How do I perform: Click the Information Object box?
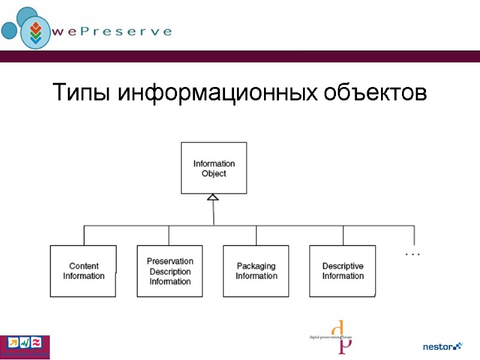[x=214, y=168]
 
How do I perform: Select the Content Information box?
[x=83, y=271]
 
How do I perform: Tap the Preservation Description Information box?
[x=170, y=271]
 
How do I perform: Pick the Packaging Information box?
[x=256, y=271]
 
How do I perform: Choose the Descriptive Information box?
[x=343, y=271]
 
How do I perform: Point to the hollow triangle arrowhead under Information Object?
[x=213, y=197]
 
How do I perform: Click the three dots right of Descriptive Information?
[x=413, y=255]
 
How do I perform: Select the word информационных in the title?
[x=217, y=94]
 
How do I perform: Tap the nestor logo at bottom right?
[x=443, y=346]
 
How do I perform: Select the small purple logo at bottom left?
[x=25, y=346]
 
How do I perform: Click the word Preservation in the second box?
[x=170, y=261]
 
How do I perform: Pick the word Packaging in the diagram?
[x=256, y=266]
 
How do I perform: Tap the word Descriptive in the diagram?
[x=343, y=266]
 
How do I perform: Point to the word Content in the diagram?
[x=84, y=266]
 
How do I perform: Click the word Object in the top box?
[x=214, y=173]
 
